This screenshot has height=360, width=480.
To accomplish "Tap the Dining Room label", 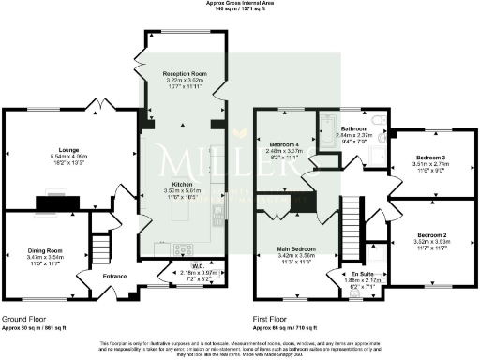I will [43, 249].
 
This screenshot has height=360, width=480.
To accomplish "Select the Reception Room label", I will [184, 72].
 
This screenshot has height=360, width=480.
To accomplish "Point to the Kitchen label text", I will [184, 184].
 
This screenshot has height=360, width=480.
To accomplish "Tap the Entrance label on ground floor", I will [114, 276].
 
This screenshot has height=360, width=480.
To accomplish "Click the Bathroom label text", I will [353, 127].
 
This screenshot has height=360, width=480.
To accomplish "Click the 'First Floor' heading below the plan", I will [272, 318].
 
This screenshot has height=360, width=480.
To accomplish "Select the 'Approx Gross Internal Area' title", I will [240, 4].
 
